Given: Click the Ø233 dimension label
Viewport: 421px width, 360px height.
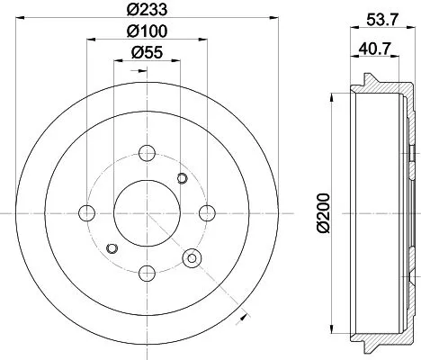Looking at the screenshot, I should pyautogui.click(x=148, y=11).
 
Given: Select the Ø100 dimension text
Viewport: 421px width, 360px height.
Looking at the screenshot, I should pyautogui.click(x=148, y=32).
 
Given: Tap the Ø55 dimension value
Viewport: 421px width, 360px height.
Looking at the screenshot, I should pyautogui.click(x=147, y=54).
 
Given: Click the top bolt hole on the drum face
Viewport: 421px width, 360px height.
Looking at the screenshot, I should pyautogui.click(x=148, y=152).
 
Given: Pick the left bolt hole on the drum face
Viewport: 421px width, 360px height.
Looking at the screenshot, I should pyautogui.click(x=87, y=212).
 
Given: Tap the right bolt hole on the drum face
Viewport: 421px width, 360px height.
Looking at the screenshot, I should pyautogui.click(x=208, y=212).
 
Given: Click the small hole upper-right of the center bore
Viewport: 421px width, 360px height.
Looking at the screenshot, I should pyautogui.click(x=184, y=176).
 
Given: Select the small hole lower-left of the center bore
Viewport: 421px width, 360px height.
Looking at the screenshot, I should pyautogui.click(x=112, y=248).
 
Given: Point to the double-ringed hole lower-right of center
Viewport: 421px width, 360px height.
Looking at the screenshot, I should pyautogui.click(x=191, y=259).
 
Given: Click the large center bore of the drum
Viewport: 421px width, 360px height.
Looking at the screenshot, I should pyautogui.click(x=148, y=212).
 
